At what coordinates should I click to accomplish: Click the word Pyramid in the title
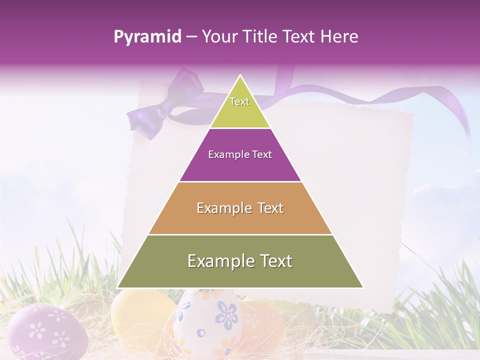coord(147,37)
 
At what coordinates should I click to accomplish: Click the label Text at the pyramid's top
coord(239,101)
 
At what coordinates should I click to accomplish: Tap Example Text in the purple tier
coord(240,154)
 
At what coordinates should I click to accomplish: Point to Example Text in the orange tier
coord(240,208)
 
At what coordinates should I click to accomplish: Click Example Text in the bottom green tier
coord(240,261)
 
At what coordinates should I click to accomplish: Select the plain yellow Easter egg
coord(140,315)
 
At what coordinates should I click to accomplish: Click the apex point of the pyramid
coord(240,76)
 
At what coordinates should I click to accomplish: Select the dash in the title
coord(191,37)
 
